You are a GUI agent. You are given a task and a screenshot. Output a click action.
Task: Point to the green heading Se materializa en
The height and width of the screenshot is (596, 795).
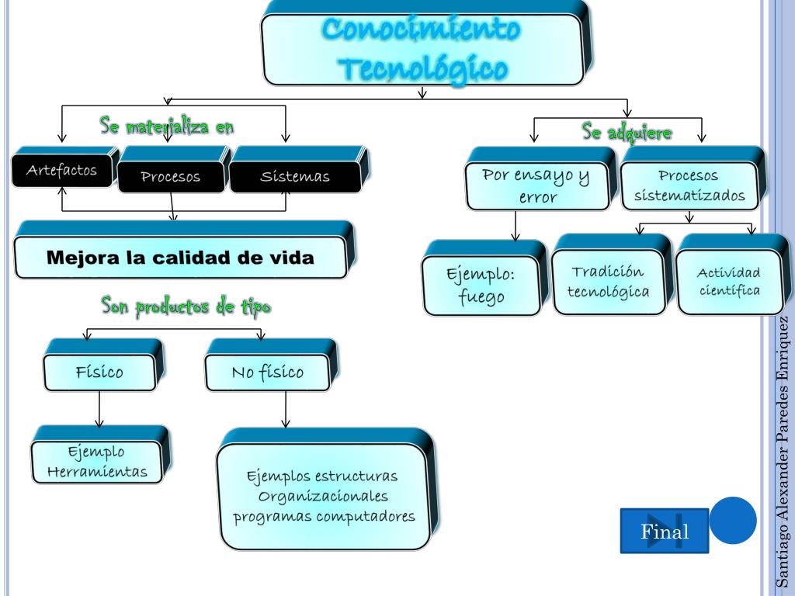click(167, 125)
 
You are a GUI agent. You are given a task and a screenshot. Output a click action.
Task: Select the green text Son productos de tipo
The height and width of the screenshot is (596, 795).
click(186, 307)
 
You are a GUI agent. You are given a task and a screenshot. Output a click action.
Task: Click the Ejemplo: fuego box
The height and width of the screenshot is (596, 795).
click(482, 286)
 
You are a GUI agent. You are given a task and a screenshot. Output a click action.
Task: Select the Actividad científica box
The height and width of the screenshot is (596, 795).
click(728, 282)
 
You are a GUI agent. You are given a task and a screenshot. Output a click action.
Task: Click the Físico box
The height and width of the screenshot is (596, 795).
click(99, 371)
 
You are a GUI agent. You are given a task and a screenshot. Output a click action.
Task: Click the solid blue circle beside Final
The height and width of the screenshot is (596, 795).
click(733, 520)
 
